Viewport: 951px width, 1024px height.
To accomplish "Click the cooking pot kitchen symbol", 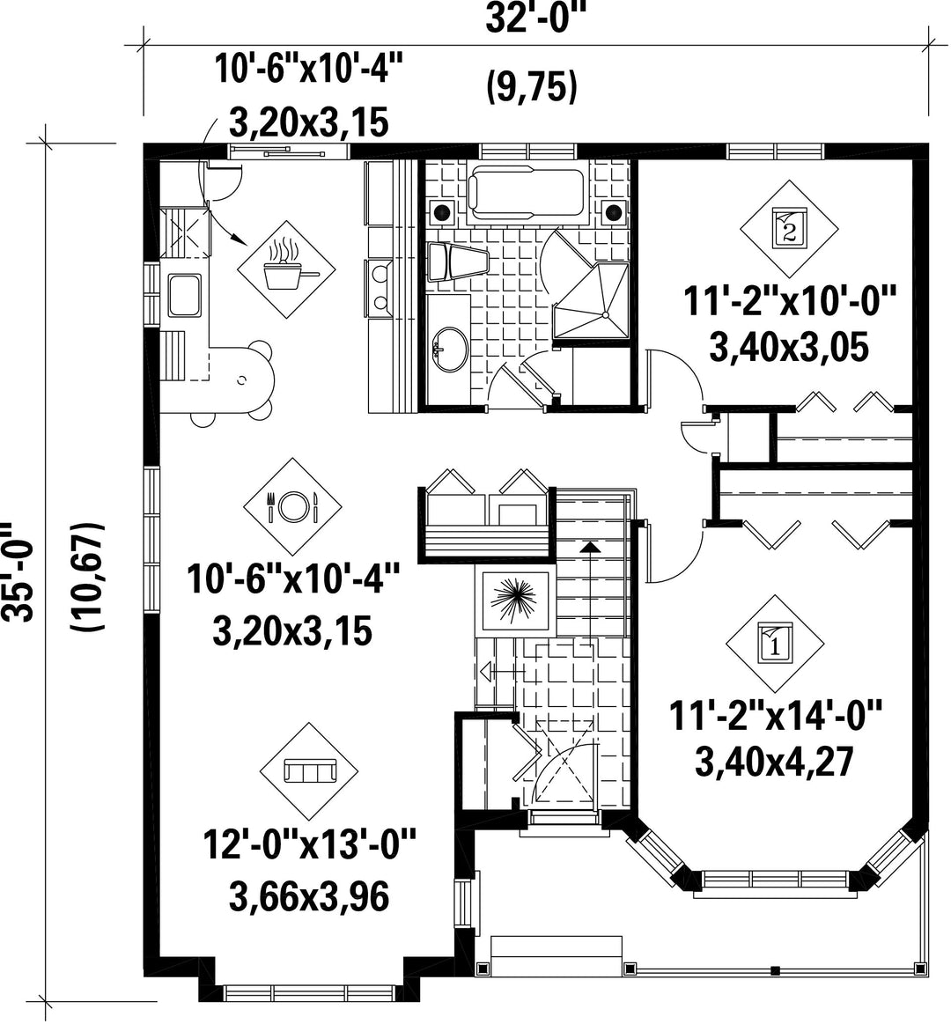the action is coord(286,269).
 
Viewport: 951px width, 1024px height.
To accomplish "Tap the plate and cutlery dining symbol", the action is coord(292,506).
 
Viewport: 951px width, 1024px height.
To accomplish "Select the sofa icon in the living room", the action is coord(309,771).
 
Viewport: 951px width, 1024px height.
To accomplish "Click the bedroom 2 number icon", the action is coord(789,228).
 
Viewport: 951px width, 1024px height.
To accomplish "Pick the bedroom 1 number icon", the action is coord(775,644).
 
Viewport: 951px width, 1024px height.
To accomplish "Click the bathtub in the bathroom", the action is coord(527,193).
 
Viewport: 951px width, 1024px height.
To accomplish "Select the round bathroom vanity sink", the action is coord(449,349).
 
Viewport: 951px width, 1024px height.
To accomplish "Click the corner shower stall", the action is coord(591,302).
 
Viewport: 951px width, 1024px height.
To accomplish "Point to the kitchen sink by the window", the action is coord(185,295).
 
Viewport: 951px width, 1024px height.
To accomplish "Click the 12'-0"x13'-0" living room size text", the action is coord(310,845).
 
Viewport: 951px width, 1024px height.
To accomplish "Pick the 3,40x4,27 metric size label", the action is coord(775,762).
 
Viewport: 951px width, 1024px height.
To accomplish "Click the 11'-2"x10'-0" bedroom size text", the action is coord(789,302).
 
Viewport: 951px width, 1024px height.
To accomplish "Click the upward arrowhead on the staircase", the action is coord(590,547).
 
